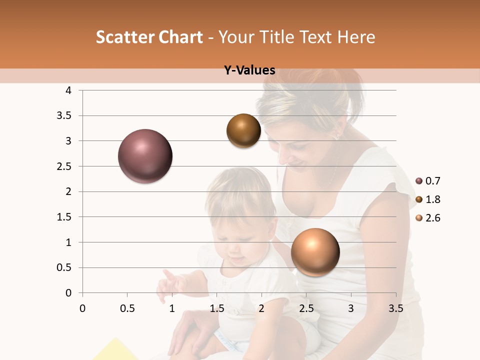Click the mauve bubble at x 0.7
(145, 156)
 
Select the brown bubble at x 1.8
(243, 131)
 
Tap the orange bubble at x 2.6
(315, 252)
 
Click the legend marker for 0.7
(419, 181)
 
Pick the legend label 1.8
(433, 199)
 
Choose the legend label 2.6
(433, 218)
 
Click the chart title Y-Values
(249, 70)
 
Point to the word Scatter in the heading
(124, 37)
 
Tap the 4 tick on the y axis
(69, 90)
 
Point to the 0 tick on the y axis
(69, 293)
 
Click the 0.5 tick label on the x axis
(127, 308)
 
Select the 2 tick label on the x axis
(261, 308)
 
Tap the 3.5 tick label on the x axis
(395, 308)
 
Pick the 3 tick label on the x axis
(351, 308)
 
